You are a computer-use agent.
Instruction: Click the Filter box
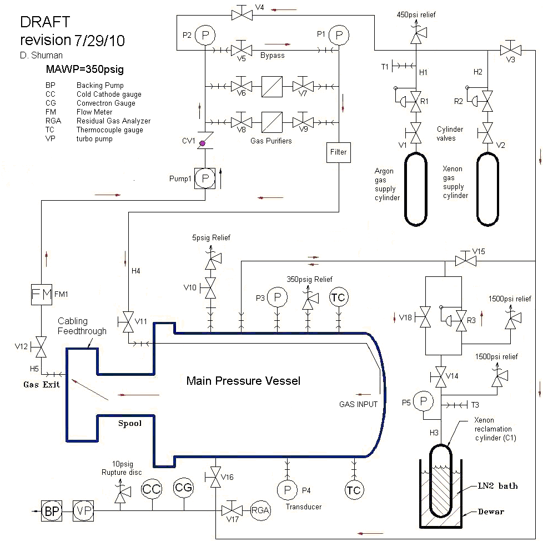pos(338,152)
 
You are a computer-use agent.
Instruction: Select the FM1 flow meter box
pos(42,295)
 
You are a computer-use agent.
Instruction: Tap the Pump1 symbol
pos(205,178)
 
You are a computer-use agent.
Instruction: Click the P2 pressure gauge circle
pos(205,35)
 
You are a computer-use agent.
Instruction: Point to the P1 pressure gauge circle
pos(339,35)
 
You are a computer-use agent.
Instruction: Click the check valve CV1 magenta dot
pos(203,143)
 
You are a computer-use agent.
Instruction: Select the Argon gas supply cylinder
pos(415,190)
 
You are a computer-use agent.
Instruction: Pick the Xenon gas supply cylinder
pos(487,190)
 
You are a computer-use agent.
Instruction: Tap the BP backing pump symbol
pos(52,511)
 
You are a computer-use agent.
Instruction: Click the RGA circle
pos(260,510)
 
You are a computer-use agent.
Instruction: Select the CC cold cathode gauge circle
pos(152,489)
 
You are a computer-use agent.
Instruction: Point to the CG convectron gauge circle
pos(184,488)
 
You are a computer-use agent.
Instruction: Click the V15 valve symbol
pos(465,259)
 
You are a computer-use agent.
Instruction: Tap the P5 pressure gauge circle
pos(423,401)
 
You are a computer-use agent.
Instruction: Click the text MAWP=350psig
pos(85,70)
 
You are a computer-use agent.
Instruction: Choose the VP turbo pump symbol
pos(83,511)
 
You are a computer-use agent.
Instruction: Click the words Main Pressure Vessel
pos(243,381)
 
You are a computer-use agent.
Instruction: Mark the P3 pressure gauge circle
pos(278,297)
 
